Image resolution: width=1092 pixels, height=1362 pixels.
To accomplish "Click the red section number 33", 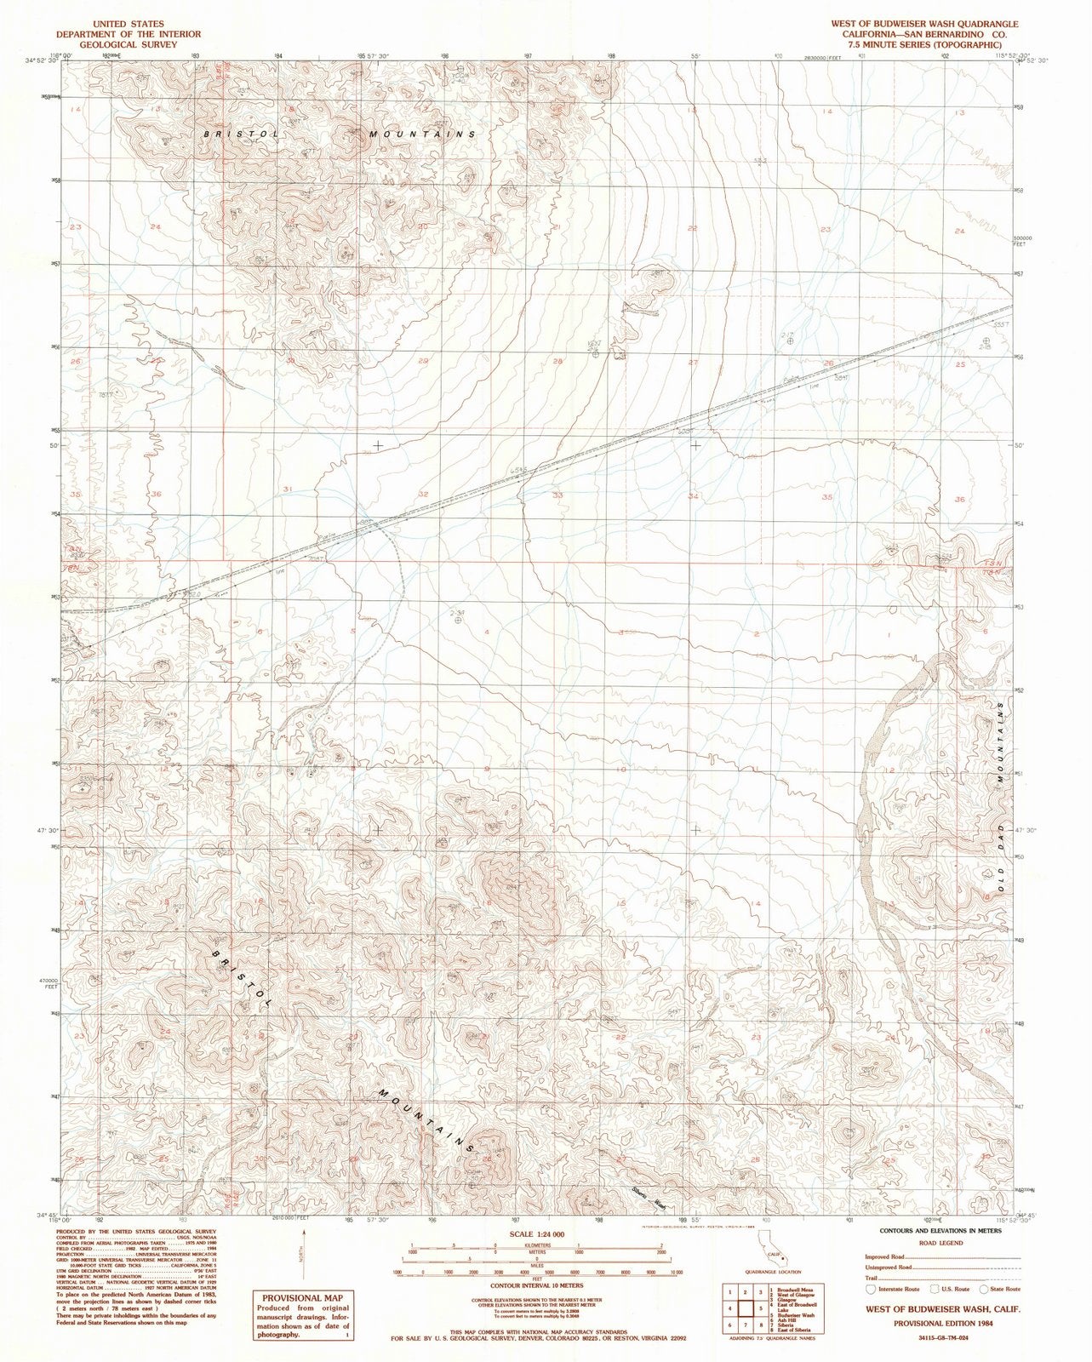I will [558, 495].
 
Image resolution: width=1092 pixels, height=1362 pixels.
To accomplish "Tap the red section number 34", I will [694, 495].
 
